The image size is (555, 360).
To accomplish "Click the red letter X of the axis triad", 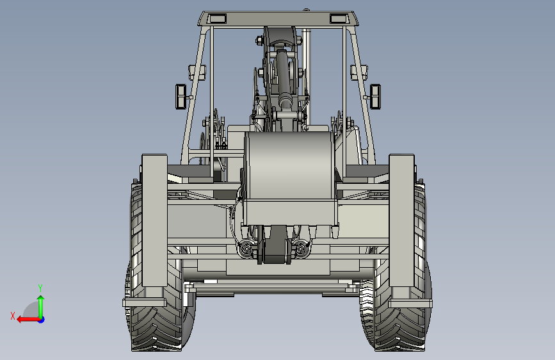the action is tap(13, 316).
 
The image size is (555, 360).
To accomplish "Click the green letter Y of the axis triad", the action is tap(40, 288).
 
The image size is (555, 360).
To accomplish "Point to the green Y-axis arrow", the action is tap(41, 307).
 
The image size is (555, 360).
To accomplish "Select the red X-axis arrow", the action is tap(28, 320).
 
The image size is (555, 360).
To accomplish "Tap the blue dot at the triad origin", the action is tap(42, 320).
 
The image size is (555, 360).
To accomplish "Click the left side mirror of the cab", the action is tap(181, 96).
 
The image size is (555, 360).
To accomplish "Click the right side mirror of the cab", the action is tap(375, 96).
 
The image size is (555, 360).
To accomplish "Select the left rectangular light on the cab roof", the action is tap(217, 19).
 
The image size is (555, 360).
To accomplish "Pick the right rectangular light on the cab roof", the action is tap(339, 19).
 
